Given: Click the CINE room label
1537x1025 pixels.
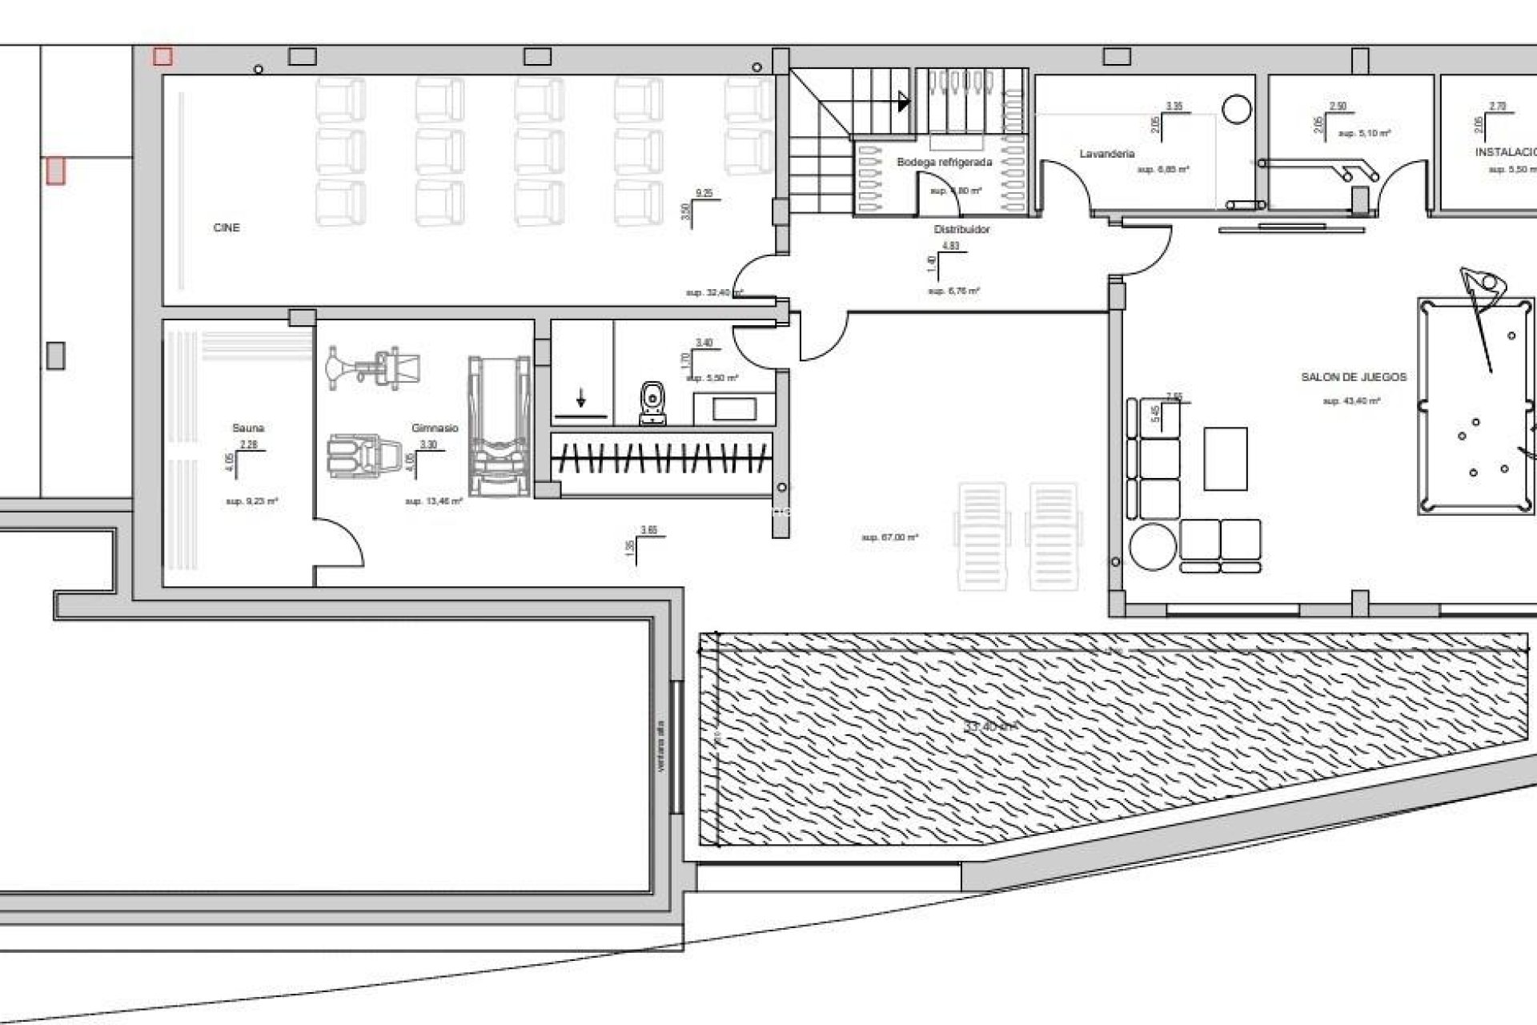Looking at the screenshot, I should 227,228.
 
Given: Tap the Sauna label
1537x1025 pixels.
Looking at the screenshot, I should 248,428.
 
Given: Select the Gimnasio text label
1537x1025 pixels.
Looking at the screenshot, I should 435,428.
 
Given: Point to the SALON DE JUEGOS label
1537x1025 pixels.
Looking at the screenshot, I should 1354,377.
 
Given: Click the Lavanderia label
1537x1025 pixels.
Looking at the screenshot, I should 1107,154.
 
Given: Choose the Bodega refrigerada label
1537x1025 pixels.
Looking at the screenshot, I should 944,163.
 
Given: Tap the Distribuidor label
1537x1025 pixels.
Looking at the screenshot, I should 961,230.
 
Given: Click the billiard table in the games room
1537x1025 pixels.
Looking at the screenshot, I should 1475,406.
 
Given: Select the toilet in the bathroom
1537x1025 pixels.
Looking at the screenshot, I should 654,403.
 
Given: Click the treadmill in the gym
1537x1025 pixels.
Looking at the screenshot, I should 500,426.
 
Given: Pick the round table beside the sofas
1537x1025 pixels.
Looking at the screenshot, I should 1153,545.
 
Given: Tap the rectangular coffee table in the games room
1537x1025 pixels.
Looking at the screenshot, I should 1225,459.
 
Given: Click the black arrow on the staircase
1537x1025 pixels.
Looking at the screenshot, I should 904,102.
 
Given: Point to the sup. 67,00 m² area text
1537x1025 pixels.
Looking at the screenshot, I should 889,538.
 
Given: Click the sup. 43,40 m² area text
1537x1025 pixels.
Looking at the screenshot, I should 1351,401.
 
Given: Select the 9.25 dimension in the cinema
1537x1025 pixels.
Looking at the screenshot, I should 704,194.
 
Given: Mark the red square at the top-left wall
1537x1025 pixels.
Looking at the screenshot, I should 163,56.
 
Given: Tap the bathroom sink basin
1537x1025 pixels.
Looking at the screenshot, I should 733,409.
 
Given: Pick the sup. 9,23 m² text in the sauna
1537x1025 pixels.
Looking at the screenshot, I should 251,501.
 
